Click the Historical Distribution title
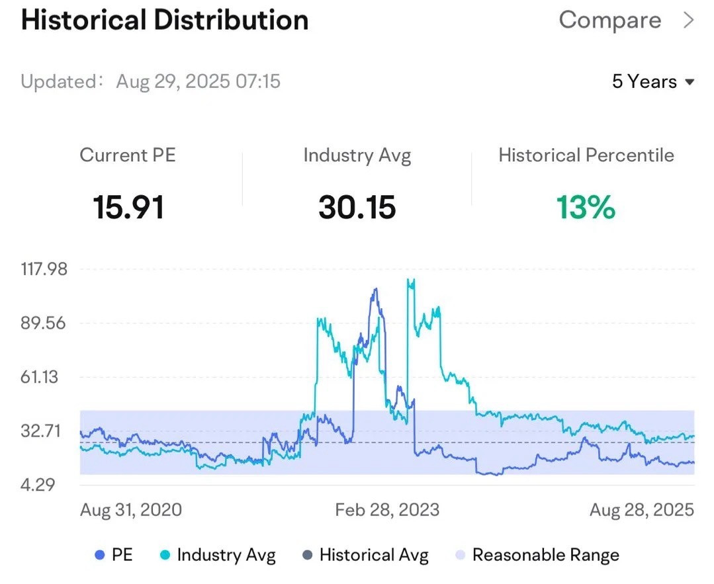pos(165,21)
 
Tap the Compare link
pos(609,21)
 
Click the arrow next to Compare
pos(689,21)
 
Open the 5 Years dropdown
pos(653,81)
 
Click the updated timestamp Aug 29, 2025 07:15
pos(198,81)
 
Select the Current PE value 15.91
pos(128,207)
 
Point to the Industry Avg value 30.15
pos(357,207)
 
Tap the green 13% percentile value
pos(586,207)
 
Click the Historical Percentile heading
pos(586,155)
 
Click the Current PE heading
pos(128,155)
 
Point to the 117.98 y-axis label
pos(44,269)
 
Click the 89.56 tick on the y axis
pos(43,323)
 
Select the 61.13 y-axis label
pos(39,377)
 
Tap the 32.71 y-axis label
pos(40,431)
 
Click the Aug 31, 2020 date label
pos(131,510)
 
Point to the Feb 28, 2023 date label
pos(387,510)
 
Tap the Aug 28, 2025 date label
pos(642,510)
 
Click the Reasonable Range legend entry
pos(537,555)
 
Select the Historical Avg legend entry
pos(366,555)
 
